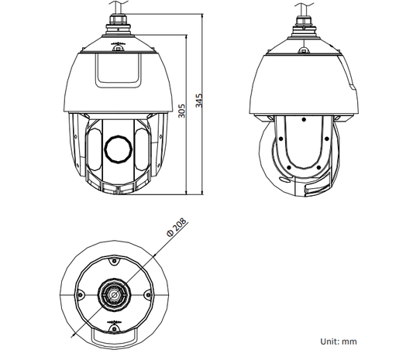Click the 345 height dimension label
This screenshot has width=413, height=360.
tap(199, 101)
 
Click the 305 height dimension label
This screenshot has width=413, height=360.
tap(182, 111)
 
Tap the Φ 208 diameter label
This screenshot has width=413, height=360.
tap(177, 228)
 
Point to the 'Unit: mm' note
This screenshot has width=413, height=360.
tap(339, 341)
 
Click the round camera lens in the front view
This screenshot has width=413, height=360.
tap(119, 149)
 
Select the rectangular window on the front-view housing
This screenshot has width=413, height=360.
tap(119, 70)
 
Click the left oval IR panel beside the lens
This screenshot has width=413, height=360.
tap(94, 149)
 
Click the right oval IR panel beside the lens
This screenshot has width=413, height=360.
tap(143, 149)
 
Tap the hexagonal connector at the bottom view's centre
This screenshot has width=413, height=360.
tap(115, 295)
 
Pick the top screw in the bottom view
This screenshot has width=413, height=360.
tap(114, 261)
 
